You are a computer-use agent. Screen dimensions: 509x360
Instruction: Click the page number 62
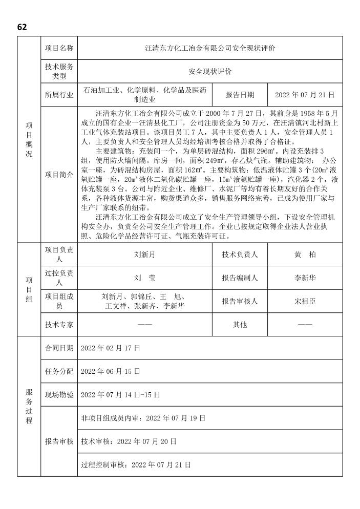(x=22, y=27)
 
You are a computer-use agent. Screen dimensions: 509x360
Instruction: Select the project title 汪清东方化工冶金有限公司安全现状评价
(x=209, y=48)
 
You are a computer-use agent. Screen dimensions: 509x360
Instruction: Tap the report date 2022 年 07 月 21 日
(x=305, y=95)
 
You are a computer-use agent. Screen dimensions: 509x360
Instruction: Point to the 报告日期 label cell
(x=240, y=95)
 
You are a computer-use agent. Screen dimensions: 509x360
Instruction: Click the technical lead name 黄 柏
(x=305, y=254)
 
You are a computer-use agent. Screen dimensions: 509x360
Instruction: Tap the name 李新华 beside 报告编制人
(x=305, y=278)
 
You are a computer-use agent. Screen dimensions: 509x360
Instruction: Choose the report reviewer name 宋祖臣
(x=305, y=301)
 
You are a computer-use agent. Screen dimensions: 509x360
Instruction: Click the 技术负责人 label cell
(x=240, y=254)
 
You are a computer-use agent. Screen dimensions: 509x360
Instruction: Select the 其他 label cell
(x=240, y=325)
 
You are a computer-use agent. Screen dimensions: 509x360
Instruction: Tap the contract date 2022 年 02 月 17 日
(x=111, y=348)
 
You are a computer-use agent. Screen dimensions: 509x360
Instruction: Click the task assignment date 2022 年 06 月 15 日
(x=111, y=371)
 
